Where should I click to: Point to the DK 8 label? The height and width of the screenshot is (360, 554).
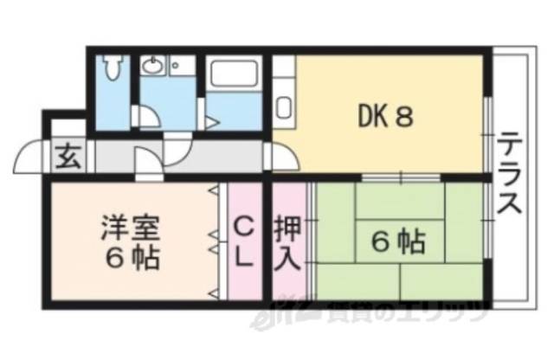(384, 117)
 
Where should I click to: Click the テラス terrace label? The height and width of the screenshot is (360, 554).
(510, 173)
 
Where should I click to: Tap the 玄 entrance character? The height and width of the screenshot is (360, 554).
(67, 158)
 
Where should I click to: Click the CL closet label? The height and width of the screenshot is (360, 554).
(244, 242)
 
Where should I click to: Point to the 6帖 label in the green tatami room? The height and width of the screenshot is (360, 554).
(397, 240)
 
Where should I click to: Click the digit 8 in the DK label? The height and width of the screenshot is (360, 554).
(403, 117)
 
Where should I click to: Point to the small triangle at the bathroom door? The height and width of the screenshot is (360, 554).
(211, 124)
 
